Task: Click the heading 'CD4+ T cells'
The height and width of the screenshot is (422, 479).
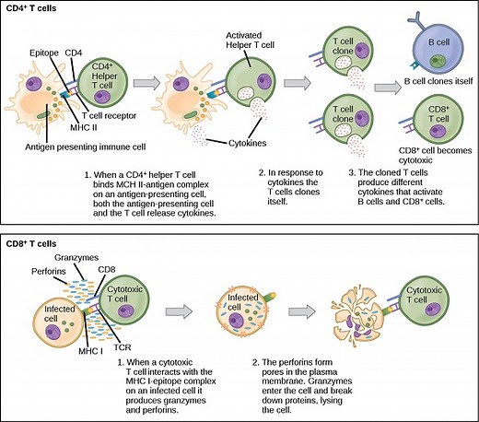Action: click(35, 8)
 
